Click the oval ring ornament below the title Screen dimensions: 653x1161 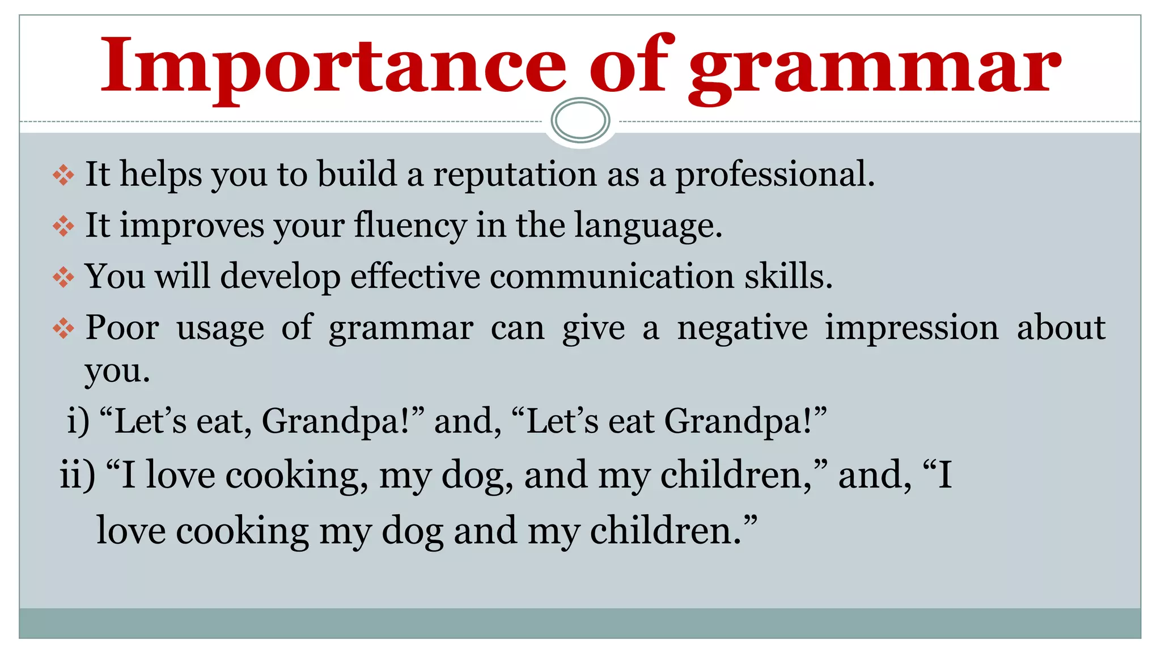[580, 120]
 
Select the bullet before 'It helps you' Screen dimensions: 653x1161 [63, 175]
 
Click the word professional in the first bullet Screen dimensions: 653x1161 [774, 175]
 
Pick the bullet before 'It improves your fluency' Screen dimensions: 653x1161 [63, 227]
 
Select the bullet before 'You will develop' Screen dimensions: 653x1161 [63, 278]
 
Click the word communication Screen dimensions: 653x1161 [612, 277]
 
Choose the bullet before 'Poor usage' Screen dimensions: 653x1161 [63, 329]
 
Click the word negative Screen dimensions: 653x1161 [742, 329]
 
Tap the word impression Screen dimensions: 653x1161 [911, 329]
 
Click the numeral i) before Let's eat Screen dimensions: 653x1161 [78, 422]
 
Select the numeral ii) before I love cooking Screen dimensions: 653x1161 [78, 475]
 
